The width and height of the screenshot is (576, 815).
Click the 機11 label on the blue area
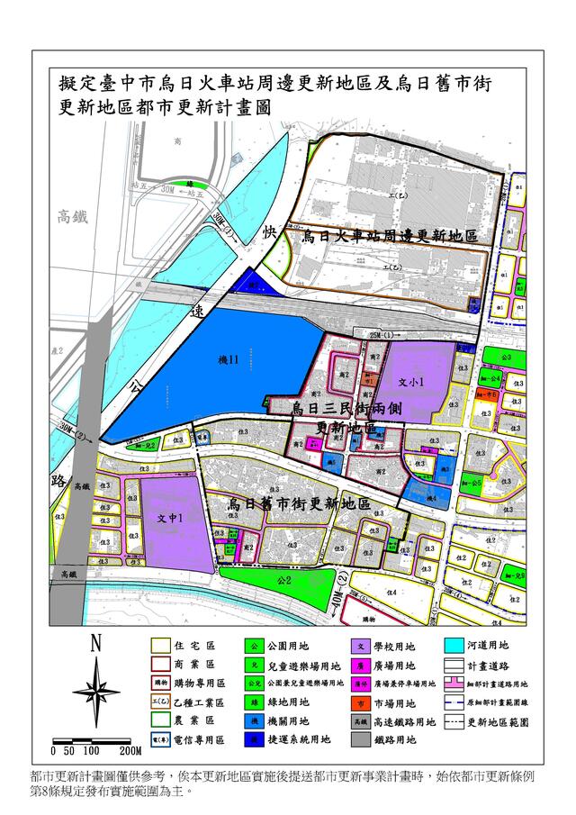point(228,360)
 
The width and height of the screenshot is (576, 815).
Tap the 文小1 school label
point(410,381)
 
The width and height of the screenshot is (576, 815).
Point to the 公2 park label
point(284,581)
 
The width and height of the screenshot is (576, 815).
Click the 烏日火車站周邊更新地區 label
point(389,236)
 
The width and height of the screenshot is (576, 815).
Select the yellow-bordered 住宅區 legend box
point(160,646)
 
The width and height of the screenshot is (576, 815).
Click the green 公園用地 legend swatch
point(255,646)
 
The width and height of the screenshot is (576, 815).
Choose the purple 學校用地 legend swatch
point(358,646)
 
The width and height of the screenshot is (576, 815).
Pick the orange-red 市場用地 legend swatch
point(358,702)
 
